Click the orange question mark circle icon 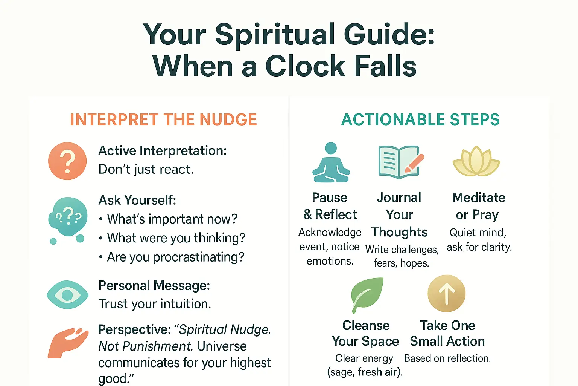(67, 161)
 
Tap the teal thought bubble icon (68, 218)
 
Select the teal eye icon (68, 295)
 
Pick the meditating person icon (331, 163)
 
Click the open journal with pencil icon (400, 162)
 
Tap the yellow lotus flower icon (476, 162)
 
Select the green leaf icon (367, 294)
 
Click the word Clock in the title (305, 66)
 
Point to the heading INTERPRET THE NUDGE (163, 120)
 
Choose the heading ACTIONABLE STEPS (420, 120)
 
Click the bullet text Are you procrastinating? (175, 257)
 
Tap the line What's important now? (172, 219)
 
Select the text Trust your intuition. (155, 304)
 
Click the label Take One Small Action (447, 333)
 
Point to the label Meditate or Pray (479, 206)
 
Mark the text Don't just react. (146, 170)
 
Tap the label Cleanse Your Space (365, 333)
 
